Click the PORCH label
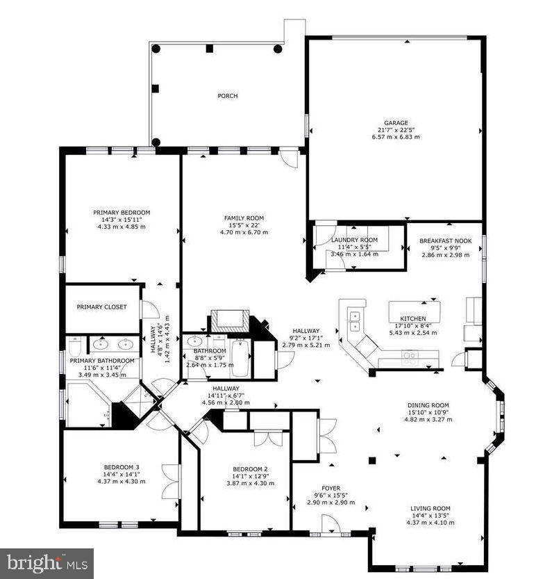[x=227, y=96]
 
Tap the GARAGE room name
[x=398, y=123]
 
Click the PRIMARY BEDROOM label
[x=122, y=213]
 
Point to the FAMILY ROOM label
[x=243, y=218]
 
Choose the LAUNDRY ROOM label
[x=354, y=240]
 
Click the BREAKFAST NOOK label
[x=445, y=241]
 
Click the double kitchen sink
[x=356, y=321]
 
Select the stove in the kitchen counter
[x=410, y=358]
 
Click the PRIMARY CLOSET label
[x=101, y=307]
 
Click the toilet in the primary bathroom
[x=74, y=345]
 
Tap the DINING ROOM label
[x=428, y=405]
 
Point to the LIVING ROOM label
[x=430, y=508]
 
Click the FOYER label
[x=331, y=488]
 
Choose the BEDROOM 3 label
[x=122, y=467]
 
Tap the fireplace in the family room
[x=229, y=320]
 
